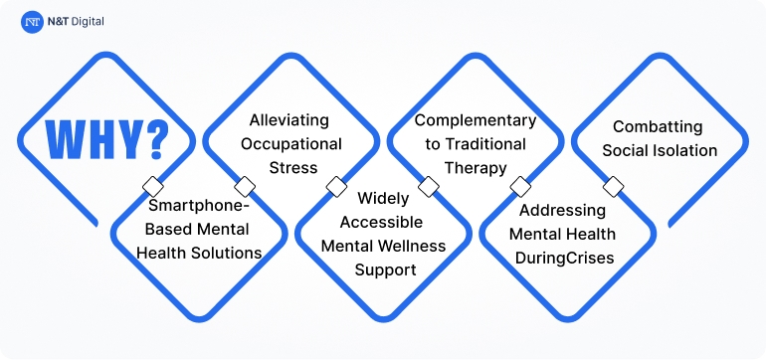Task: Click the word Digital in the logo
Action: pyautogui.click(x=87, y=20)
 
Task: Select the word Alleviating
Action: pyautogui.click(x=286, y=120)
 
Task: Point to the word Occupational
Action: pyautogui.click(x=291, y=144)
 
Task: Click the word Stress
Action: pyautogui.click(x=291, y=167)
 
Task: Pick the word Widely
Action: pyautogui.click(x=376, y=199)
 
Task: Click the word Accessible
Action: pyautogui.click(x=376, y=222)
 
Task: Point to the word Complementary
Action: pyautogui.click(x=475, y=120)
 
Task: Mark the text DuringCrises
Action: pyautogui.click(x=563, y=258)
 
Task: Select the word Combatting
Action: pyautogui.click(x=658, y=127)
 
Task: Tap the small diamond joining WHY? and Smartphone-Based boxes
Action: pyautogui.click(x=152, y=187)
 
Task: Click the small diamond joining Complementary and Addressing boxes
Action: pyautogui.click(x=519, y=187)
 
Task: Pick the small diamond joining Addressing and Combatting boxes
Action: pyautogui.click(x=613, y=187)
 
